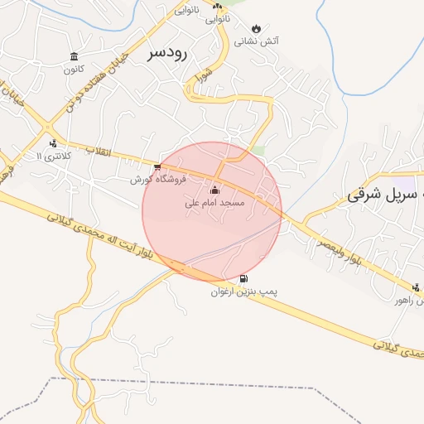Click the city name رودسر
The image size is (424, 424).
170,54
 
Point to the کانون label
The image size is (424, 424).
75,70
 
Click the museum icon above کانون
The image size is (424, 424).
75,56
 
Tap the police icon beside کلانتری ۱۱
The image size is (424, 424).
54,142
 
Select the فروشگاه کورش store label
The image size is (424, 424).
159,179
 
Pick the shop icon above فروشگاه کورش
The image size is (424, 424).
157,166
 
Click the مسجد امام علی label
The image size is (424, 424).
214,202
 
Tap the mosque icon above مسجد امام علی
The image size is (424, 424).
215,190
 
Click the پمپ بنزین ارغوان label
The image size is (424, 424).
242,291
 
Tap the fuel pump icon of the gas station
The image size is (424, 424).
243,278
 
